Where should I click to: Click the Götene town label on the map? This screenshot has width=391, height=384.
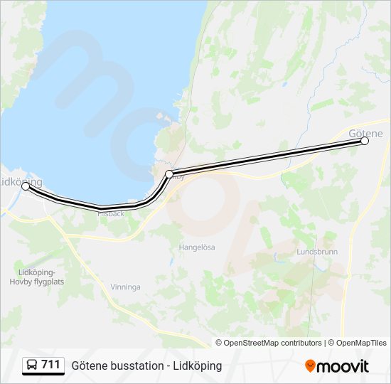[x=366, y=133]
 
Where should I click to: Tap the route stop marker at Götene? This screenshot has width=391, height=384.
[x=365, y=141]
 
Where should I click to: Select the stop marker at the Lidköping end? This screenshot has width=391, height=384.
[x=26, y=186]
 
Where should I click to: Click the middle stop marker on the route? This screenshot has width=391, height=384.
[x=169, y=174]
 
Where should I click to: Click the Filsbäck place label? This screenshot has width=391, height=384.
[x=111, y=213]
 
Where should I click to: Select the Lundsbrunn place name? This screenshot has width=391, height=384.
[x=317, y=252]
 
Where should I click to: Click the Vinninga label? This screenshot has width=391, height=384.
[x=125, y=287]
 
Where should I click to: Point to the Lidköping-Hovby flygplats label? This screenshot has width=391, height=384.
[x=41, y=276]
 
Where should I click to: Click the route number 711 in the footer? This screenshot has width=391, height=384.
[x=50, y=365]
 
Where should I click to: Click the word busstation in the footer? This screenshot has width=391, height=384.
[x=137, y=366]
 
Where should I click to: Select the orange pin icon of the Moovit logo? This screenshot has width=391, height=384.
[x=310, y=366]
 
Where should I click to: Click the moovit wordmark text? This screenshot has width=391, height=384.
[x=343, y=366]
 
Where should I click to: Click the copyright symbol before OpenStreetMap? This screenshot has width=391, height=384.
[x=219, y=343]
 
